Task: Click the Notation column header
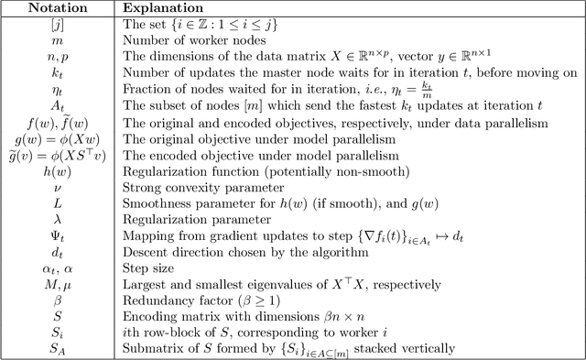59,7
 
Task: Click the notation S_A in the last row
59,346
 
